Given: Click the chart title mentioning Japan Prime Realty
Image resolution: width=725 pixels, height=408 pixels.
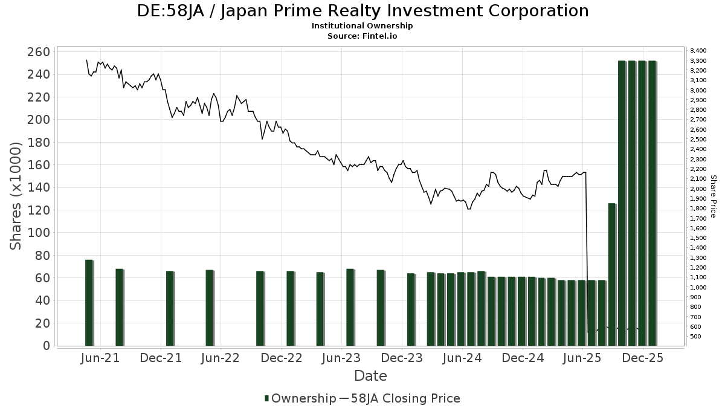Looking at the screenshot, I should pos(362,11).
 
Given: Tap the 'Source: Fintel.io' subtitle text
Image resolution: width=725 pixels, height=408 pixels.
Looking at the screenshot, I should pos(362,36).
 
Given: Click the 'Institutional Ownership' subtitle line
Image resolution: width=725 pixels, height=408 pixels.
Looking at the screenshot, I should pos(362,26).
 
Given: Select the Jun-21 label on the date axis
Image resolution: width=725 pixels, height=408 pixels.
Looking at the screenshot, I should pos(100,358).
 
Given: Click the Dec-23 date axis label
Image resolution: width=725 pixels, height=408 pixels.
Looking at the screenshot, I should pos(402,358).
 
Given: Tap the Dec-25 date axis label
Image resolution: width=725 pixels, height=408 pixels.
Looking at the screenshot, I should pos(643,358).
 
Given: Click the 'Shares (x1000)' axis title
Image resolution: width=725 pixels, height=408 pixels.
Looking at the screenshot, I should pos(16,196).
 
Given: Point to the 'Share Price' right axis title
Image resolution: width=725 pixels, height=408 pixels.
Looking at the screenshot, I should pos(713,196).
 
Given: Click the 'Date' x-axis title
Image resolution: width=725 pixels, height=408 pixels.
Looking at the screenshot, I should pos(370,376).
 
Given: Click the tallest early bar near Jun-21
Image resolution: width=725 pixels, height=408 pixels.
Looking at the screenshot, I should pos(89,302).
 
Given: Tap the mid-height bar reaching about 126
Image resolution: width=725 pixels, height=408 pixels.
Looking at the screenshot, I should pos(611,275).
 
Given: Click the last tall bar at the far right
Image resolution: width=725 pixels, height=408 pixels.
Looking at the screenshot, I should pos(652,203).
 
